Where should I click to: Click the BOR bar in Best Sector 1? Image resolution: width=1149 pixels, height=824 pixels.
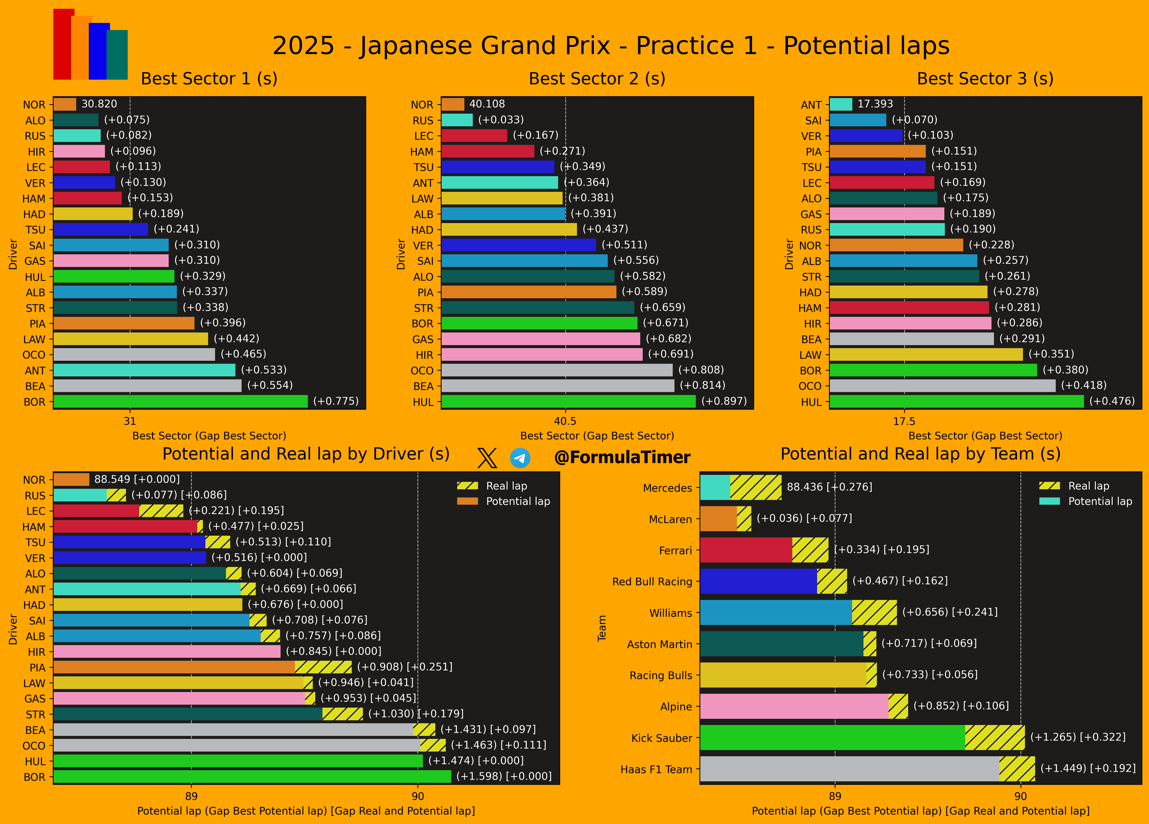tap(180, 401)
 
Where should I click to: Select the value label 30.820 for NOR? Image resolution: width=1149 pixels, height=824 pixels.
tap(99, 104)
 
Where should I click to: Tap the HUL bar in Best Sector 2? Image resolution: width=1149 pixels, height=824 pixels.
tap(568, 401)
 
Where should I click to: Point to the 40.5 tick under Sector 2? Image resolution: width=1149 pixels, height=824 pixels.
tap(565, 421)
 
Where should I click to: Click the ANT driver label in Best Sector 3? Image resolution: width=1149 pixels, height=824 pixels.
tap(811, 105)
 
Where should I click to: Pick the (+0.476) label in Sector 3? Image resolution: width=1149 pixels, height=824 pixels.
tap(1112, 401)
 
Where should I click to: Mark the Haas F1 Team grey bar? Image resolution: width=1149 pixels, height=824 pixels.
tap(850, 769)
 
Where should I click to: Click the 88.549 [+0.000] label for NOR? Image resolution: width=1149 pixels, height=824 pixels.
tap(137, 479)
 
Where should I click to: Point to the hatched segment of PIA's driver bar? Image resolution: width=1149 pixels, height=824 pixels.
tap(323, 667)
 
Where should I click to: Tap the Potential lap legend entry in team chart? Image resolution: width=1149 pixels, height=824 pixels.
tap(1085, 501)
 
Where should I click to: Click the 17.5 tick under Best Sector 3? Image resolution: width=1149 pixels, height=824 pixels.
tap(904, 421)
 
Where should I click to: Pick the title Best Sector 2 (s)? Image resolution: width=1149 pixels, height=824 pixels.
tap(597, 79)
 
